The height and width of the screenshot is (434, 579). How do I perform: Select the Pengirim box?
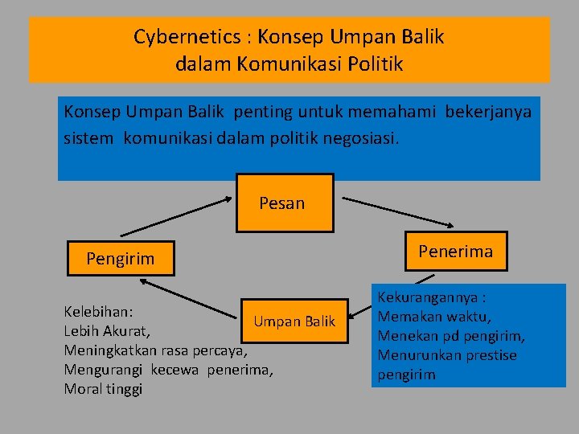coord(121,260)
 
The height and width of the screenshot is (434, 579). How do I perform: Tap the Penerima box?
coord(455,252)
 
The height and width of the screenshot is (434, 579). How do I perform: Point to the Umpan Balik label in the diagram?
coord(294,321)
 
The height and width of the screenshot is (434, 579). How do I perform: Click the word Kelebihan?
coord(98,311)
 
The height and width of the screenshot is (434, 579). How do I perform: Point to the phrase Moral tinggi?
coord(102,389)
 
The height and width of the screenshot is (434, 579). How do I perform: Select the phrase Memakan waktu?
coord(434,317)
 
